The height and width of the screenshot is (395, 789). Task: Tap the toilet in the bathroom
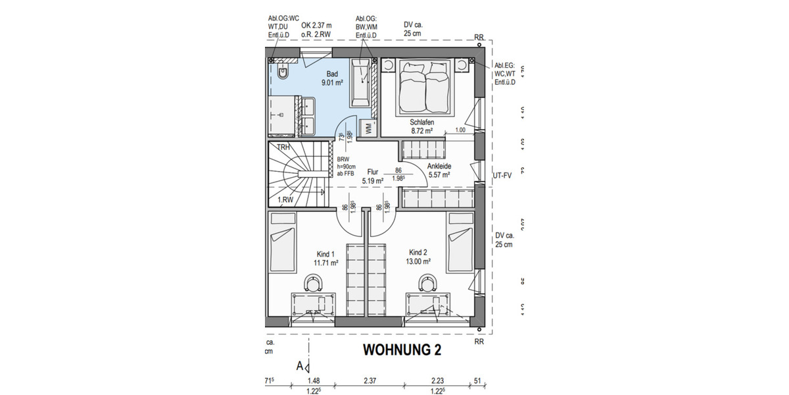coord(282,72)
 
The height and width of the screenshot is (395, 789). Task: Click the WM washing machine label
coord(369,128)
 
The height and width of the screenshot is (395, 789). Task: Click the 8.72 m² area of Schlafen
coord(423,132)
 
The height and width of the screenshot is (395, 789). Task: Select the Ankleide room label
coord(438,166)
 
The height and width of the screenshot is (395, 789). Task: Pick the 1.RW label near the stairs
coord(285,199)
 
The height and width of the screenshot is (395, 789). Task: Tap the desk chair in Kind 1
coord(313,283)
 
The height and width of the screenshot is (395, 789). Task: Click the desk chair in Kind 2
coord(428,283)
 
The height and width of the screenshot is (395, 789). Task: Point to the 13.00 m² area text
coord(419,261)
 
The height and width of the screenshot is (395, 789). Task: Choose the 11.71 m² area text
coord(325,263)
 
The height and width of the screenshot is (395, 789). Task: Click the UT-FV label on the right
coord(502,176)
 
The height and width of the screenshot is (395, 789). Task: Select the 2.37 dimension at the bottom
coord(370,381)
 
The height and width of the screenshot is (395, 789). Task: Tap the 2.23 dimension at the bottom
coord(437,381)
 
